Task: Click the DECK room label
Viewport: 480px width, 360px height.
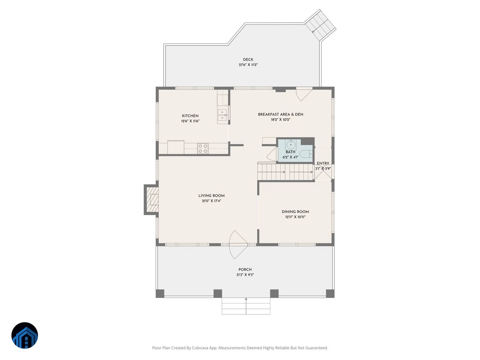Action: pos(248,60)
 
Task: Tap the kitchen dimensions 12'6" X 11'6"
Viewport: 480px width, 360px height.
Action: pos(190,121)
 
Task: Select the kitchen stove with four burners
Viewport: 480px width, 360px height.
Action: pos(203,148)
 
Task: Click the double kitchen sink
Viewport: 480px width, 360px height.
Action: pos(222,115)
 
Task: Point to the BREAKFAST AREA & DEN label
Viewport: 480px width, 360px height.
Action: pos(280,114)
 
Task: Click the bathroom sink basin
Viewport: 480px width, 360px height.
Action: pos(291,144)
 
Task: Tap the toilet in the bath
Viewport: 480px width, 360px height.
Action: pos(306,154)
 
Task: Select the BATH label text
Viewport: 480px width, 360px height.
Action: pos(290,152)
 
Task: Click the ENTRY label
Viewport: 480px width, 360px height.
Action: pos(323,163)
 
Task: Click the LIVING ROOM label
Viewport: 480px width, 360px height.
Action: pos(212,196)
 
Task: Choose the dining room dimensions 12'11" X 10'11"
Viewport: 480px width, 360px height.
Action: pos(295,217)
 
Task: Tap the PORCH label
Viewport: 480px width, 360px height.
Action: pos(245,270)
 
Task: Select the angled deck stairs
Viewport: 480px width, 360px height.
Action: pos(320,25)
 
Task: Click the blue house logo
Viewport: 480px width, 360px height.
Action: pos(25,335)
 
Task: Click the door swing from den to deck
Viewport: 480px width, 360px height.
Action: pos(304,94)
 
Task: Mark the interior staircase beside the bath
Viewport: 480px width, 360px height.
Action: pos(286,172)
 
